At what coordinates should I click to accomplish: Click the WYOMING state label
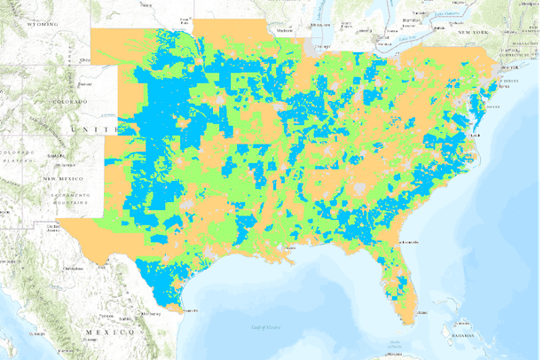click(41, 26)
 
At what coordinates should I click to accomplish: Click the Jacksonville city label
click(411, 240)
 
